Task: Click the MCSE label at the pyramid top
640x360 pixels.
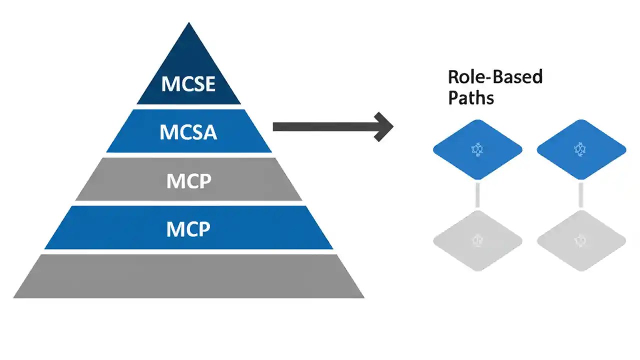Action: coord(188,84)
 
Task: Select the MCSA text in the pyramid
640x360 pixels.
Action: coord(188,132)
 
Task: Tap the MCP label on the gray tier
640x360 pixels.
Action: coord(188,180)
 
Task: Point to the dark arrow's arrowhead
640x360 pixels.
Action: coord(384,126)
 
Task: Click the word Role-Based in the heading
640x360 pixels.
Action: coord(495,77)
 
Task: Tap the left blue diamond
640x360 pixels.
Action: coord(477,149)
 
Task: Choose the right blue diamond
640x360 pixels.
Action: coord(581,149)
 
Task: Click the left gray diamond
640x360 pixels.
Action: coord(477,241)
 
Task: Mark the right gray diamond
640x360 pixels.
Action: coord(581,241)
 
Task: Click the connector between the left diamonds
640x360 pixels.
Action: coord(477,194)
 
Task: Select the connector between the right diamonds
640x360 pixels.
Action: coord(581,194)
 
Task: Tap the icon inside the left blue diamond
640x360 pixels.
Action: coord(477,149)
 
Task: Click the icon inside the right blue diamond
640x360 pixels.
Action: coord(580,149)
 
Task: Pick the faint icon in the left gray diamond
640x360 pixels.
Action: coord(477,240)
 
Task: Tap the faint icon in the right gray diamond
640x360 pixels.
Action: coord(581,240)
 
